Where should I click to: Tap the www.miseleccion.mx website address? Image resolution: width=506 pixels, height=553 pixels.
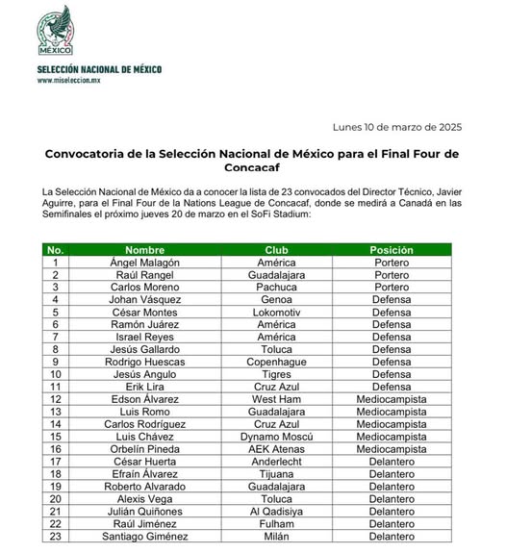[71, 82]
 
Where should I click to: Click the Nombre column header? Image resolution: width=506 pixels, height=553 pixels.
[145, 248]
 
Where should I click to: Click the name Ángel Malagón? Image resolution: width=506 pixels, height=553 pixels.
[145, 262]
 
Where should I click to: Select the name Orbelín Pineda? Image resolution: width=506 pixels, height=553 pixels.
[145, 448]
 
